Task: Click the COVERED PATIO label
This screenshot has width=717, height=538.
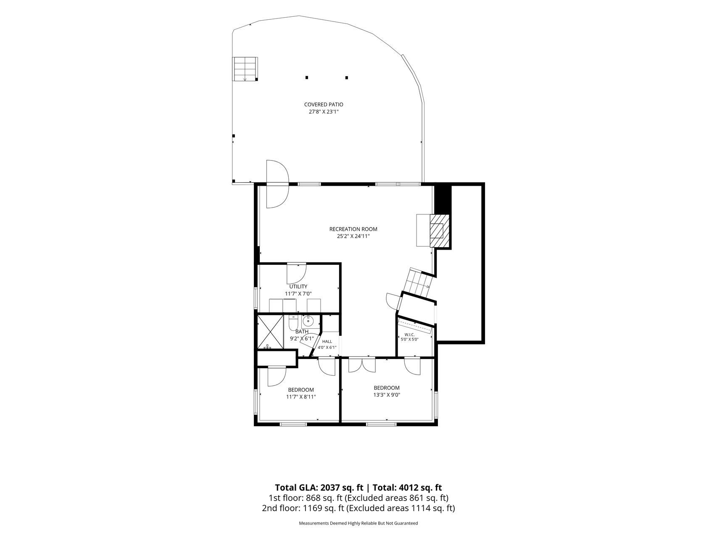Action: [x=324, y=105]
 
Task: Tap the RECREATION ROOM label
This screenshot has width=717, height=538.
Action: [x=353, y=229]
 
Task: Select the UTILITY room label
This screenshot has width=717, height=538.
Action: [x=298, y=287]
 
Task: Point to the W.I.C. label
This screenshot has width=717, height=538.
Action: [x=409, y=335]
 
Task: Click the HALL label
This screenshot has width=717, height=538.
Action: [x=327, y=341]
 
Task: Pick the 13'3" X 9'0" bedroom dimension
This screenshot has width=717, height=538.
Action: [x=387, y=395]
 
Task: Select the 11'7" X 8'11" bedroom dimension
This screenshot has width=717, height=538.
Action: [x=301, y=397]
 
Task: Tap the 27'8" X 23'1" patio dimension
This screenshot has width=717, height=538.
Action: [x=324, y=112]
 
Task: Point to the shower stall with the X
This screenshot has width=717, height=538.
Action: [x=270, y=332]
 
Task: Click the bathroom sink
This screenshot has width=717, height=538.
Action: [x=308, y=322]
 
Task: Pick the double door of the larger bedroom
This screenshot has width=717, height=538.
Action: [x=362, y=365]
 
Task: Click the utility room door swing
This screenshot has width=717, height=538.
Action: [x=297, y=274]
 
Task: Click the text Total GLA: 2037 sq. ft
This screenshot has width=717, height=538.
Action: [x=319, y=488]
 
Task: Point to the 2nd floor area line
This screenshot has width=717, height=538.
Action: [x=358, y=508]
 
